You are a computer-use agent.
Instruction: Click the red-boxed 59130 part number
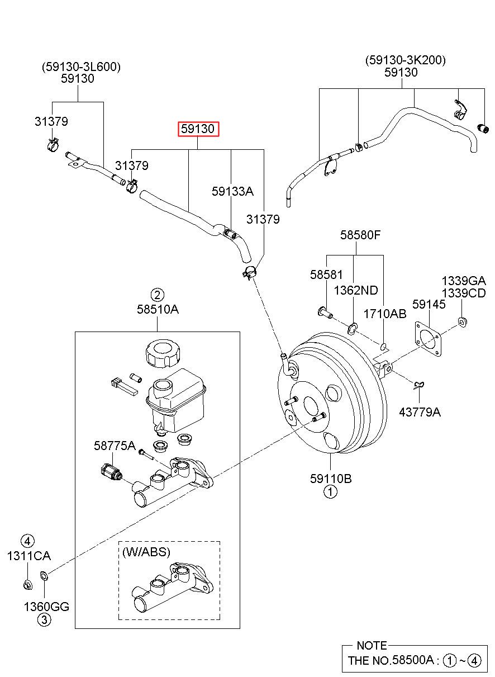tap(198, 129)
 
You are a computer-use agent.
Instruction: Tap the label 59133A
tap(232, 191)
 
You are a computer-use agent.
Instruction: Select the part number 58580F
tap(360, 235)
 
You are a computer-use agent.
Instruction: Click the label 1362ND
tap(356, 291)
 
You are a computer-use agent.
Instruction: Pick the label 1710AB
tap(385, 314)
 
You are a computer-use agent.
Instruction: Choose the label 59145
tap(429, 304)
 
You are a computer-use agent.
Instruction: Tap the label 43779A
tap(420, 412)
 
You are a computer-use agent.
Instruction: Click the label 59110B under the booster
tap(331, 479)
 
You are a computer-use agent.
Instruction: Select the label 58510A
tap(158, 309)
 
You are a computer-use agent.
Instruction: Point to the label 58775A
tap(115, 446)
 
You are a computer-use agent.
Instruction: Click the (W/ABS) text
tap(146, 552)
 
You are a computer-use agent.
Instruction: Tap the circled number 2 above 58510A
tap(158, 295)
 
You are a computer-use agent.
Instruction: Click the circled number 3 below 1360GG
tap(44, 620)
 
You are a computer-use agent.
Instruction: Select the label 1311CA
tap(28, 556)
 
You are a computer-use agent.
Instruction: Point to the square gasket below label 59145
tap(429, 339)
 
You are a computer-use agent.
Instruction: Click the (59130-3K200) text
tap(405, 60)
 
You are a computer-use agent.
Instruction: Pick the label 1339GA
tap(464, 281)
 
